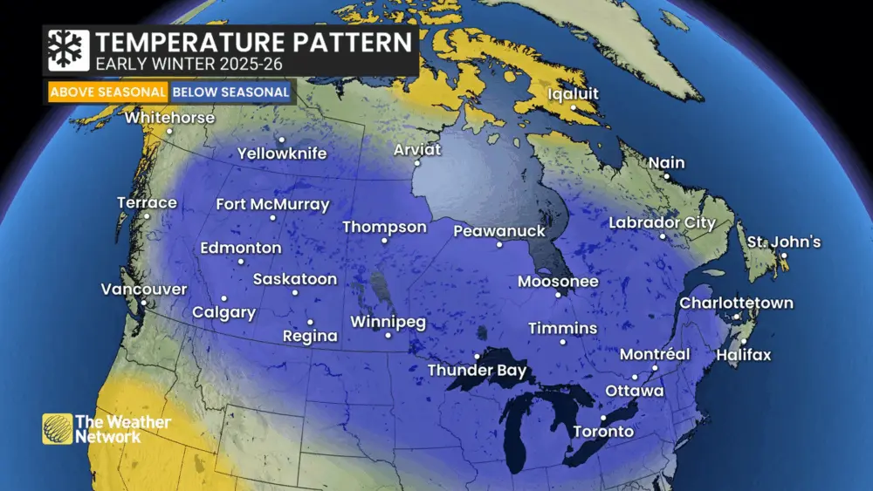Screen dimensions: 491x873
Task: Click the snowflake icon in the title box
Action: click(x=68, y=51)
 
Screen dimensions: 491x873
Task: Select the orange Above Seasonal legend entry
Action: click(x=108, y=92)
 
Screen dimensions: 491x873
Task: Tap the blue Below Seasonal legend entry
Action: click(x=230, y=92)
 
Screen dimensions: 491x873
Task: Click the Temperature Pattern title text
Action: click(x=253, y=42)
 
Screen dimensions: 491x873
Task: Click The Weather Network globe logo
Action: click(x=58, y=428)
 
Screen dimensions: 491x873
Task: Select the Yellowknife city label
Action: click(x=282, y=154)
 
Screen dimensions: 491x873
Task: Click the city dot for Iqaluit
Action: click(x=574, y=108)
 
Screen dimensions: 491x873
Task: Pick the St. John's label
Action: click(x=783, y=242)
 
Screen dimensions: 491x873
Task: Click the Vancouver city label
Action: click(x=144, y=289)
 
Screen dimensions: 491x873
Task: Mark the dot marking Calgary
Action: click(x=224, y=298)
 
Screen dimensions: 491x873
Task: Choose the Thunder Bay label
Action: click(x=477, y=371)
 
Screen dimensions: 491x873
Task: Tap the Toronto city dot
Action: click(x=603, y=418)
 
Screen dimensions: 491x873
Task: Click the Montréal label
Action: click(x=655, y=354)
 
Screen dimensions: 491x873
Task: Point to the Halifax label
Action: click(x=744, y=355)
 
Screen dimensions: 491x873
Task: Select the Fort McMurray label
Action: click(x=272, y=205)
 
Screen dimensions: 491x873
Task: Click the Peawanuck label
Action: click(x=499, y=231)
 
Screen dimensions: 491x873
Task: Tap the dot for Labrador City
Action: click(x=663, y=236)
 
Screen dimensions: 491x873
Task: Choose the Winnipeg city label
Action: click(x=388, y=322)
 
